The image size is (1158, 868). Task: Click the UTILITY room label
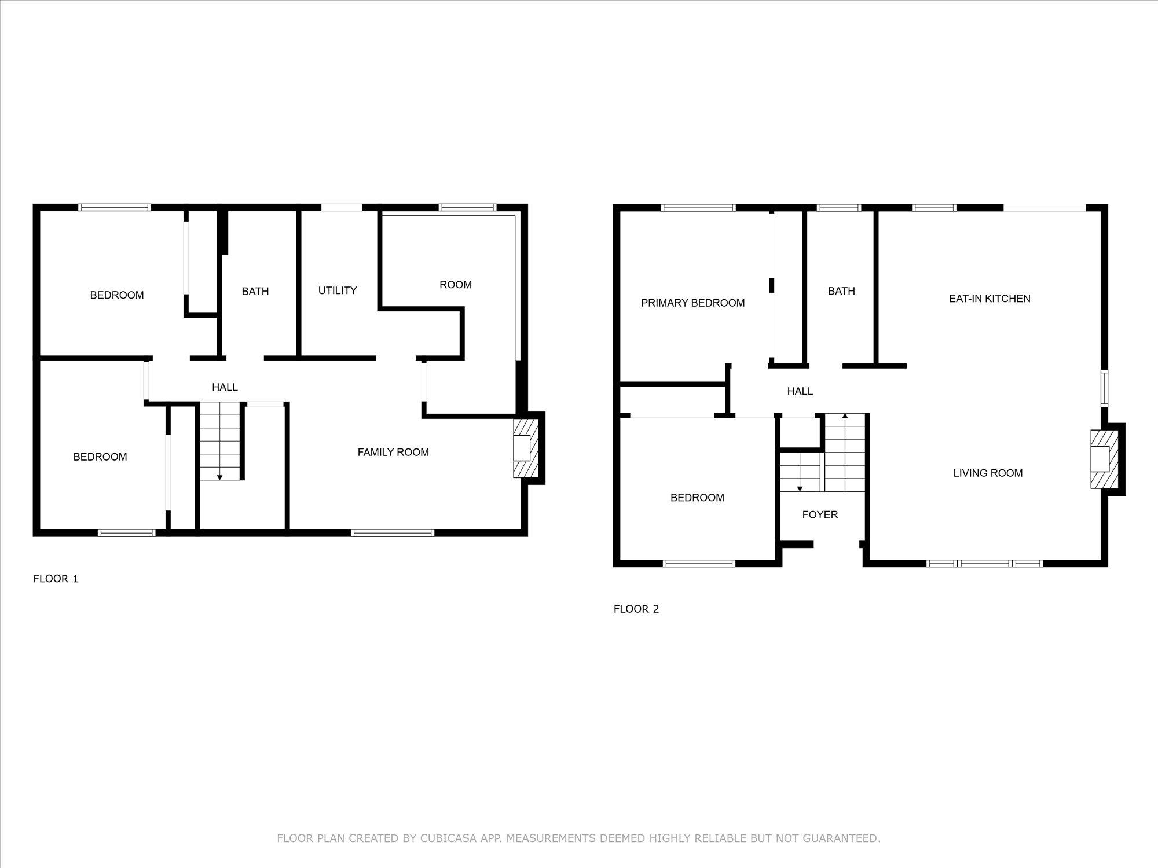(x=337, y=290)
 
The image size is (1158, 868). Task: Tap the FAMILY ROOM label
(x=393, y=453)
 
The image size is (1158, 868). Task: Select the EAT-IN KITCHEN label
(x=990, y=299)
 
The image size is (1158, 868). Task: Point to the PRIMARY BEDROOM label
(x=692, y=303)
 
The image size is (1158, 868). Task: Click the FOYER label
(x=820, y=515)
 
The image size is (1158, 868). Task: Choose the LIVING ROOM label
(x=988, y=473)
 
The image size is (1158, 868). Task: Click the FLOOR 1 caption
(x=56, y=579)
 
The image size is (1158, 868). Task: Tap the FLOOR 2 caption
(x=636, y=609)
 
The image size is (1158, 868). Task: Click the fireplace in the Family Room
(x=525, y=448)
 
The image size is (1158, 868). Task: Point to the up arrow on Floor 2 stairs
(x=845, y=416)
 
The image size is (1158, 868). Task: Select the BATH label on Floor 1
(x=255, y=292)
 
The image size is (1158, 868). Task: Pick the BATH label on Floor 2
(x=841, y=291)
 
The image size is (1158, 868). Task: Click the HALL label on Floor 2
(x=800, y=392)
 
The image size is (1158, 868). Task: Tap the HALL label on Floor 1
(x=225, y=388)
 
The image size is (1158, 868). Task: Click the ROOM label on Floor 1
(x=456, y=285)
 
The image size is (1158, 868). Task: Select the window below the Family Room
(x=393, y=533)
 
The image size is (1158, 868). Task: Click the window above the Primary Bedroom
(x=698, y=208)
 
